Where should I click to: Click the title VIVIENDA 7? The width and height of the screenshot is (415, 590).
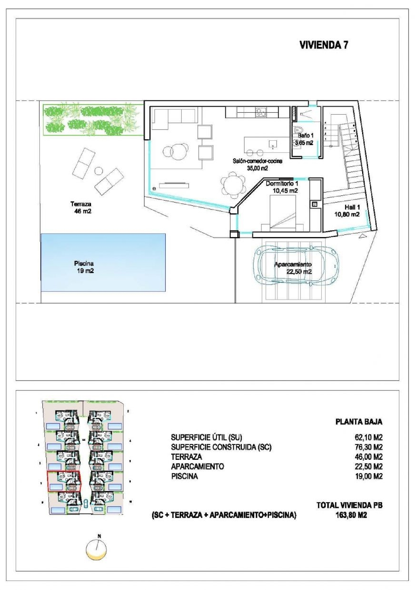pyautogui.click(x=324, y=45)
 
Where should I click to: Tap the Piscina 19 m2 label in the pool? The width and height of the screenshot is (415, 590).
pyautogui.click(x=84, y=267)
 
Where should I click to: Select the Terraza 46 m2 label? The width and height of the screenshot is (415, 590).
pyautogui.click(x=81, y=208)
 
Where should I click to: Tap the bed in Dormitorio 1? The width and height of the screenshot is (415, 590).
pyautogui.click(x=282, y=212)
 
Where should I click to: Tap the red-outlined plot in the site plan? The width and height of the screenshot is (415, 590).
pyautogui.click(x=64, y=481)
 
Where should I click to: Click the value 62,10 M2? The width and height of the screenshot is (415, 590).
pyautogui.click(x=368, y=437)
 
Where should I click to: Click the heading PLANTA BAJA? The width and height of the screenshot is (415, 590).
pyautogui.click(x=359, y=422)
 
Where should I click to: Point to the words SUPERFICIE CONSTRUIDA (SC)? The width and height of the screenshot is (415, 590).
pyautogui.click(x=221, y=447)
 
